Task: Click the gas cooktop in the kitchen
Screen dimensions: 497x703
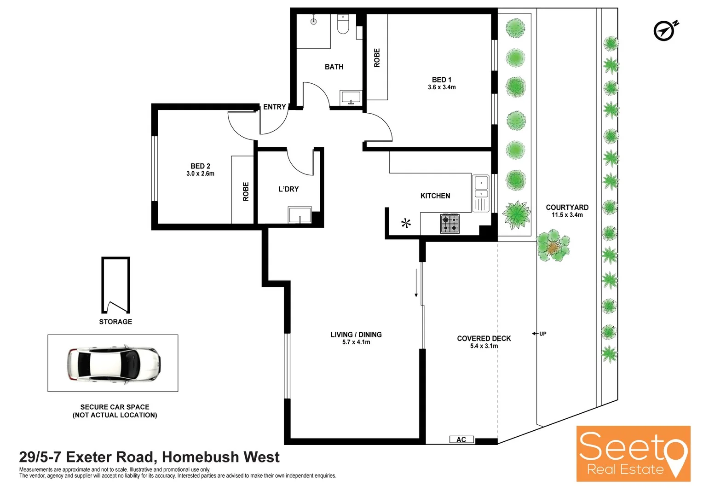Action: pos(449,224)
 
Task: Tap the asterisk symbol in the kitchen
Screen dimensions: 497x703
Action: pos(406,224)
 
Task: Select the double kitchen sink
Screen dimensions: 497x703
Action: pos(481,193)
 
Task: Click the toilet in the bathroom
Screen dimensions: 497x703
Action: pos(343,24)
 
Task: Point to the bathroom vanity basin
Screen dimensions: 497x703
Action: pos(351,98)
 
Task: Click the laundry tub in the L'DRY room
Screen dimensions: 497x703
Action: pos(300,215)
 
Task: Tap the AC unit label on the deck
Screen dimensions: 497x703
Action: pos(461,440)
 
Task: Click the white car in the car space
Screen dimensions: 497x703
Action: pos(114,364)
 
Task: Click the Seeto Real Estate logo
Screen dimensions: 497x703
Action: pos(633,454)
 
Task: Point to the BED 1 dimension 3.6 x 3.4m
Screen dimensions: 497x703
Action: pos(442,87)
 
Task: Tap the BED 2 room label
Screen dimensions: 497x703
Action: pos(201,166)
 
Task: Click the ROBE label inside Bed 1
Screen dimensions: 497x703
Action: pos(377,58)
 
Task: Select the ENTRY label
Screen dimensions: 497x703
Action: pos(275,107)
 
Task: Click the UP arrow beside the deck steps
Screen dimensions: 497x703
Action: pos(539,334)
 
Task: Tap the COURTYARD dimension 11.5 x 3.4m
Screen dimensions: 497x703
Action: pos(567,215)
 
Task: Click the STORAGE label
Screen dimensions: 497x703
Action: pos(115,322)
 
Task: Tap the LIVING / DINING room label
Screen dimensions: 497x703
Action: pos(356,335)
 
